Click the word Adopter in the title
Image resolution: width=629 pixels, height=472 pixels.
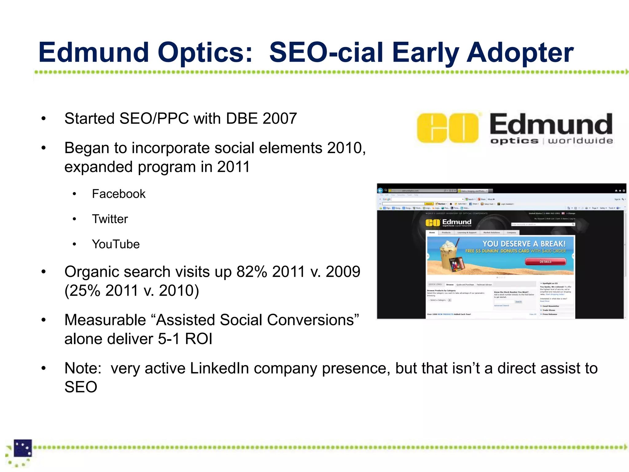coord(520,53)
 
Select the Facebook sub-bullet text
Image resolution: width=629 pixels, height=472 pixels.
coord(119,194)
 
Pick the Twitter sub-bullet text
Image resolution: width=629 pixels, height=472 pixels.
coord(110,219)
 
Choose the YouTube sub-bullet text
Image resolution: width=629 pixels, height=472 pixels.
coord(116,244)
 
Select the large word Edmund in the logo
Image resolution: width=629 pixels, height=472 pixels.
coord(551,124)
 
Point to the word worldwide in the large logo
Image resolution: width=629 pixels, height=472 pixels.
coord(580,141)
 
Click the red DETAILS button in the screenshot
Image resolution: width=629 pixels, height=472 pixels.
coord(545,262)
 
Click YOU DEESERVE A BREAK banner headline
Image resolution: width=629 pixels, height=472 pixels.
coord(524,244)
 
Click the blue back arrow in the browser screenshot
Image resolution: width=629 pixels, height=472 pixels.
coord(380,191)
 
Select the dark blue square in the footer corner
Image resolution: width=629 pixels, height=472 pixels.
coord(23,448)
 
